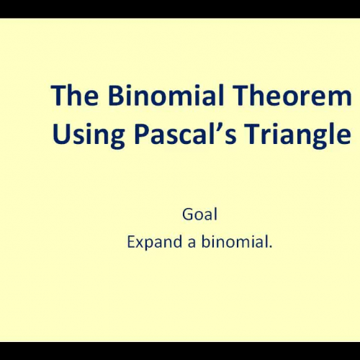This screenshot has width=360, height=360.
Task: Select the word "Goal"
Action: (x=199, y=214)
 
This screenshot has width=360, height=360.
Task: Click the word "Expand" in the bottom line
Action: (x=150, y=242)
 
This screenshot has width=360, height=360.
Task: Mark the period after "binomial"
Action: (x=271, y=247)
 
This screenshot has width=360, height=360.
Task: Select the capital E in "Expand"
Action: (x=130, y=242)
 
